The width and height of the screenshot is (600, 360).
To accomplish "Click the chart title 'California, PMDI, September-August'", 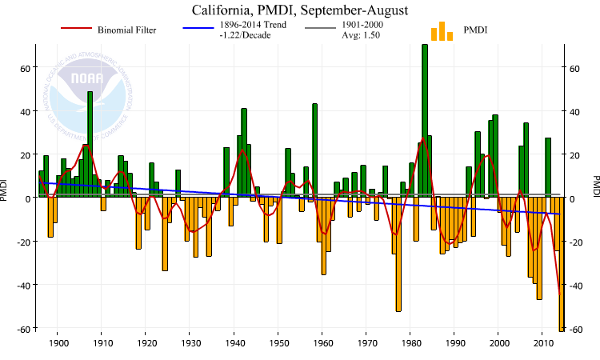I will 299,11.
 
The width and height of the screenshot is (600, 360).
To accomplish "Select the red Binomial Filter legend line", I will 77,30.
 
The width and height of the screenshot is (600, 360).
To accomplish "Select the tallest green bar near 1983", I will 425,120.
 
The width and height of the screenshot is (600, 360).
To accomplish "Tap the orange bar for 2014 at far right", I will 562,264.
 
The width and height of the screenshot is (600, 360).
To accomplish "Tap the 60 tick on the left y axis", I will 25,68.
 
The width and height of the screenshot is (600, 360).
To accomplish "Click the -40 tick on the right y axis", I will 576,285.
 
